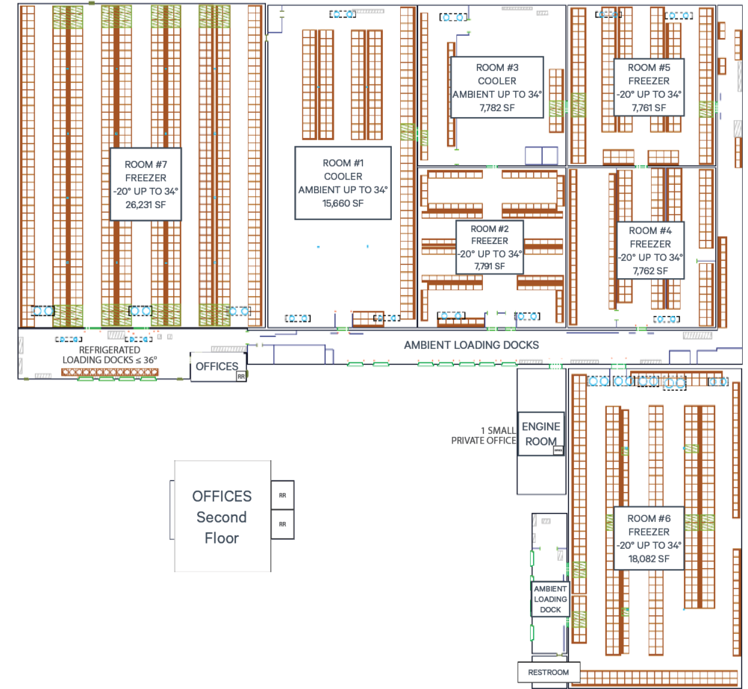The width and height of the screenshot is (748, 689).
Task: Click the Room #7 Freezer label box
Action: (146, 183)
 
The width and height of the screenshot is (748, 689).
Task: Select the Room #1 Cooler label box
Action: (343, 183)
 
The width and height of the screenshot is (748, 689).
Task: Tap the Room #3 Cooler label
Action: (496, 87)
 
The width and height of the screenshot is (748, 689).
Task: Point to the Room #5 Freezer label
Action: (648, 87)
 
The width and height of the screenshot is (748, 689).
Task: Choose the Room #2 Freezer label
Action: (489, 247)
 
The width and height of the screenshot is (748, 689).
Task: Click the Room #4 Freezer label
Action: (650, 251)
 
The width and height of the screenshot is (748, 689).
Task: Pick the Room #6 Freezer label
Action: (648, 538)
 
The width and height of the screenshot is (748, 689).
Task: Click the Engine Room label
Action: (540, 434)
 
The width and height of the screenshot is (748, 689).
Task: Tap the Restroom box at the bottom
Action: (548, 672)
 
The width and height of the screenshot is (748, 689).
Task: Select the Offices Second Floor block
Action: (222, 516)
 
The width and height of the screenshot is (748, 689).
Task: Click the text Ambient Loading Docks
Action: (471, 345)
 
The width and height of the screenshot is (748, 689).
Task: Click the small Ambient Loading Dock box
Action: (550, 599)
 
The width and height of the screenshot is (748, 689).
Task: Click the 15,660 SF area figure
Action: (343, 204)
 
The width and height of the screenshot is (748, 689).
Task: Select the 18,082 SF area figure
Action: (648, 559)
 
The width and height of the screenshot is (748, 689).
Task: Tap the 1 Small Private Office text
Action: (483, 435)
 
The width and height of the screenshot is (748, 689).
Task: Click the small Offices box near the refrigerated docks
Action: (216, 366)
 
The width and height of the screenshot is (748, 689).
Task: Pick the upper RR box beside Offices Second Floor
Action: (282, 495)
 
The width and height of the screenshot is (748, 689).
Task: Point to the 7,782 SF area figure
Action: (496, 108)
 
